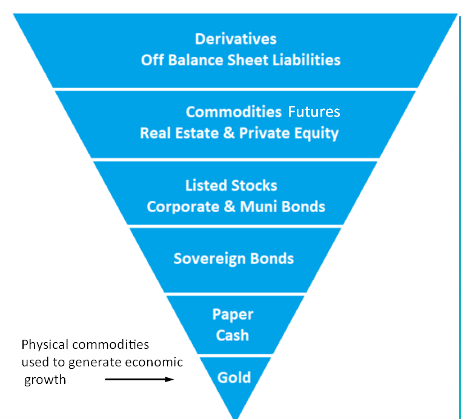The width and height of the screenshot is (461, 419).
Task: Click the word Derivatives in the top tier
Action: click(236, 39)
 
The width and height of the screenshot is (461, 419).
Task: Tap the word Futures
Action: click(314, 112)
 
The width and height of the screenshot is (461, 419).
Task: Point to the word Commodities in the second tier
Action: click(234, 112)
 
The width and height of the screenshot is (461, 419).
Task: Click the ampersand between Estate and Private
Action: click(229, 133)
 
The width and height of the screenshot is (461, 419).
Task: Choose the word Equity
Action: click(316, 134)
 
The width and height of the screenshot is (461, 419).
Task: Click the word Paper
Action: click(233, 315)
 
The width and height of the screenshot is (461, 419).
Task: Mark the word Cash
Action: click(233, 336)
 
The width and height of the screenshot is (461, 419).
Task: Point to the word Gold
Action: click(234, 378)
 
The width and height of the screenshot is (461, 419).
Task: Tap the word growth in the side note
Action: click(45, 380)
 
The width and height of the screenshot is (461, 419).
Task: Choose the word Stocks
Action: click(254, 185)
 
